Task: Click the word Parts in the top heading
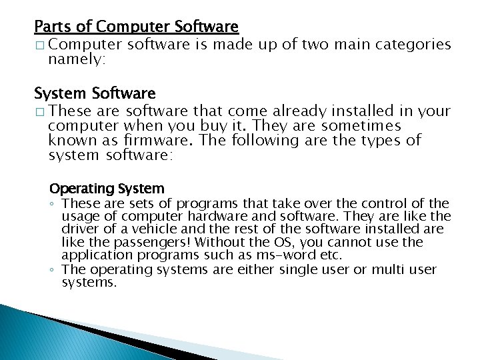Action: coord(49,27)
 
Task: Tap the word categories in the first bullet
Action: coord(413,45)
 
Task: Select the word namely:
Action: coord(77,59)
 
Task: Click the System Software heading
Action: coord(95,93)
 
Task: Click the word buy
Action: coord(223,125)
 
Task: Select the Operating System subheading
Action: coord(107,189)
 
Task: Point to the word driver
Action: coord(80,230)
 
